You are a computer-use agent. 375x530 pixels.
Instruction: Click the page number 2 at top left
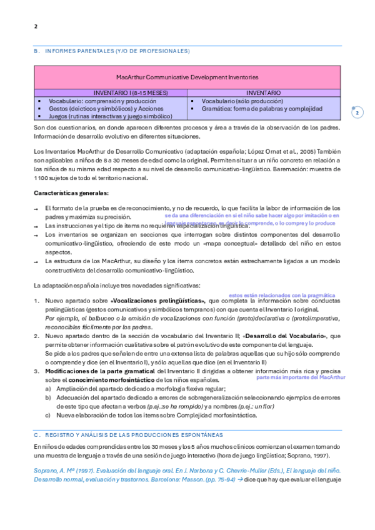(x=36, y=26)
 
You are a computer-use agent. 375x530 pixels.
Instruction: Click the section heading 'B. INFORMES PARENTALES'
(x=111, y=51)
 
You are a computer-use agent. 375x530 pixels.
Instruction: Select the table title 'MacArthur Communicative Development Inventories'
(x=187, y=77)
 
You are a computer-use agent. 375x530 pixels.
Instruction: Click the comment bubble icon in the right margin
(x=357, y=112)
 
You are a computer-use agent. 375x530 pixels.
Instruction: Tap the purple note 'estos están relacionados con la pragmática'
(x=282, y=295)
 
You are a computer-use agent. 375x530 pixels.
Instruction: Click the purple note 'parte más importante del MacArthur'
(x=301, y=377)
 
